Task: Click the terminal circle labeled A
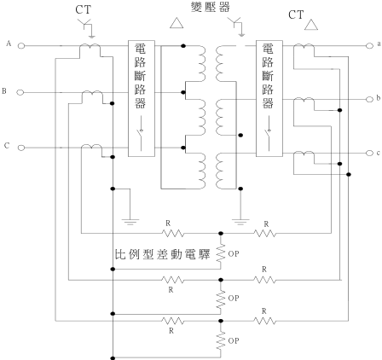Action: tap(21, 45)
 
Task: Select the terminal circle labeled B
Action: tap(20, 92)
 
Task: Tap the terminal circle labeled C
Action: tap(21, 148)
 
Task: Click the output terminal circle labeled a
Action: tap(369, 45)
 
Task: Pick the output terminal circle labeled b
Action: tap(369, 99)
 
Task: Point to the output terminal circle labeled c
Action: tap(369, 153)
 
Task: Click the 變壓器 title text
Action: tap(211, 7)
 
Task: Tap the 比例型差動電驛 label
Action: tap(162, 254)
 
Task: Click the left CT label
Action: tap(83, 9)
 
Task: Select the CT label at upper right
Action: tap(296, 15)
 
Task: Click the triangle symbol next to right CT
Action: tap(311, 25)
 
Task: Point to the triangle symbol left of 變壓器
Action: tap(177, 23)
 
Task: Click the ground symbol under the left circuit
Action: tap(130, 222)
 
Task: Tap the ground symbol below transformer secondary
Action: tap(240, 222)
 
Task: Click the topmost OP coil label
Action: tap(234, 254)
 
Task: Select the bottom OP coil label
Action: tap(234, 340)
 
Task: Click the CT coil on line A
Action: tap(90, 45)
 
